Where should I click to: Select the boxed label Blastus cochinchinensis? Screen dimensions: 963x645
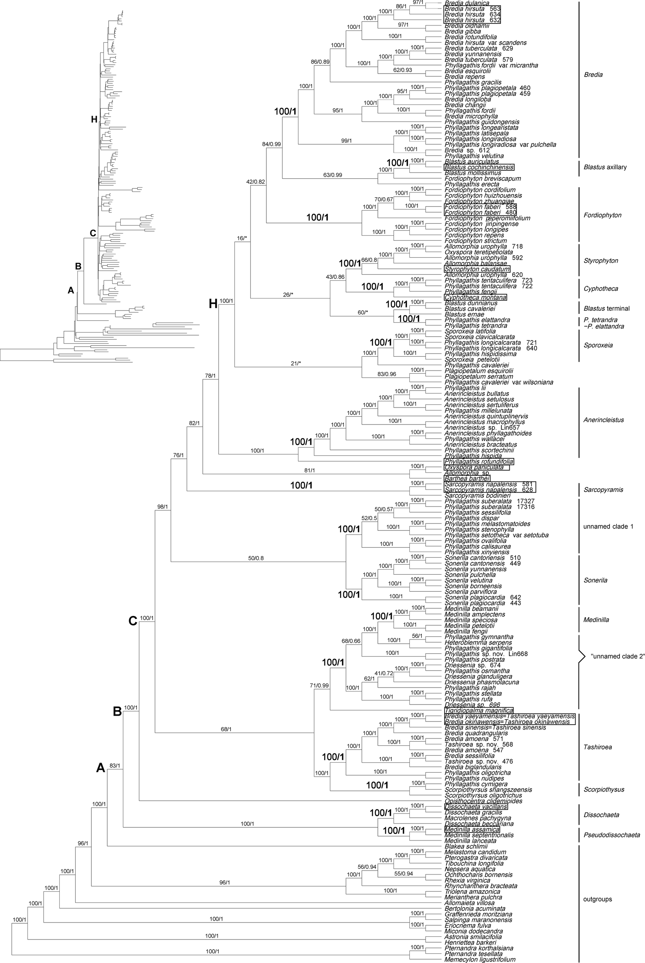click(479, 167)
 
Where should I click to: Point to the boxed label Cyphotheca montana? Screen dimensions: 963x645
click(475, 297)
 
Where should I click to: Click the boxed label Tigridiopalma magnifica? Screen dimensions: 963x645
click(478, 710)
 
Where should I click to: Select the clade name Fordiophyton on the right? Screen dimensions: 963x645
click(602, 215)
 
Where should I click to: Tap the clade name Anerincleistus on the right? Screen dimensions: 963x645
click(603, 420)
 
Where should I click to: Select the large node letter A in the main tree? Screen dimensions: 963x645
click(101, 767)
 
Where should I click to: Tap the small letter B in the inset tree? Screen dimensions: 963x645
click(78, 266)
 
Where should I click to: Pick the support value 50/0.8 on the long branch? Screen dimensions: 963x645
click(256, 558)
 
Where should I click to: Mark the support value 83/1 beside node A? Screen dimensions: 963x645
click(115, 766)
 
